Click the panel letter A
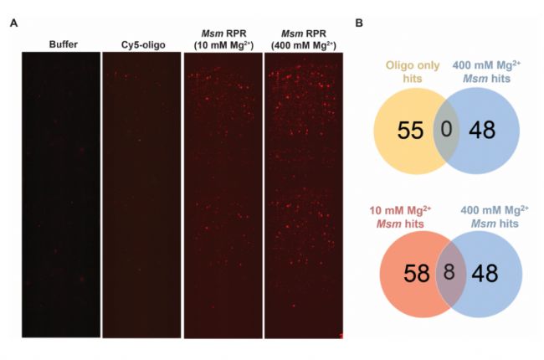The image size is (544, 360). pos(13,23)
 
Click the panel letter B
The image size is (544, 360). pos(359,23)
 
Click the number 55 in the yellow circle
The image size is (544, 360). pos(398,132)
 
